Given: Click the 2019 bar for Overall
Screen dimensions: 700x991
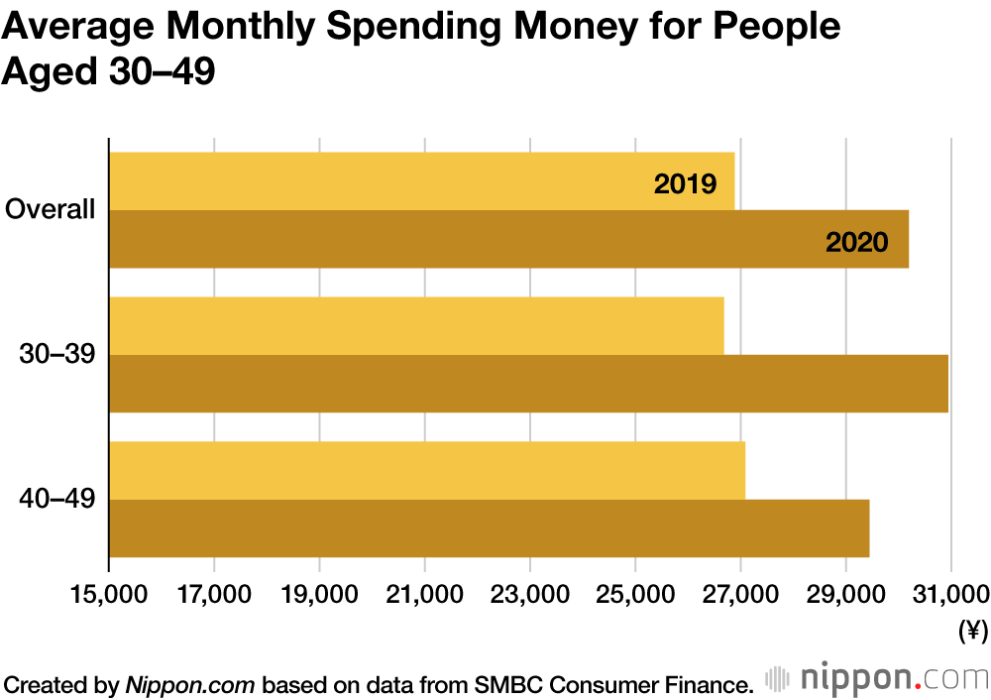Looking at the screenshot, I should point(421,181).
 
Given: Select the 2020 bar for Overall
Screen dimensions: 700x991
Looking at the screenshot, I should point(508,239).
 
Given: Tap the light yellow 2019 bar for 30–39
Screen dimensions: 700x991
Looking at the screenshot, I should point(416,326).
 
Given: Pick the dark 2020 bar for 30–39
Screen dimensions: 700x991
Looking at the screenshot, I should point(528,384).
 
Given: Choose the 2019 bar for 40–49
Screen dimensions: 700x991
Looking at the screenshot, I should point(426,471).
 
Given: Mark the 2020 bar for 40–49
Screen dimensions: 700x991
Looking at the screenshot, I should point(489,528).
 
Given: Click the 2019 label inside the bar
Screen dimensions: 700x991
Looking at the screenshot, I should point(685,183).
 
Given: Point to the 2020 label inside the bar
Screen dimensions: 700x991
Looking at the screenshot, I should point(856,242).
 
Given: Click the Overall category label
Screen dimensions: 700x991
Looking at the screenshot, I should point(51,210).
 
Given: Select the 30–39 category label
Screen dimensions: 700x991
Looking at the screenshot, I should point(57,354).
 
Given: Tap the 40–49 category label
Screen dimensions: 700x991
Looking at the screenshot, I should point(57,499).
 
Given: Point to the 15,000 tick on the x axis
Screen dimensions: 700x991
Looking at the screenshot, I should point(109,594).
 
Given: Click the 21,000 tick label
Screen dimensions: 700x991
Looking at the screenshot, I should point(424,594).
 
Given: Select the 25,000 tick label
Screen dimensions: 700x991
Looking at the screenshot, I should point(634,594).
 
